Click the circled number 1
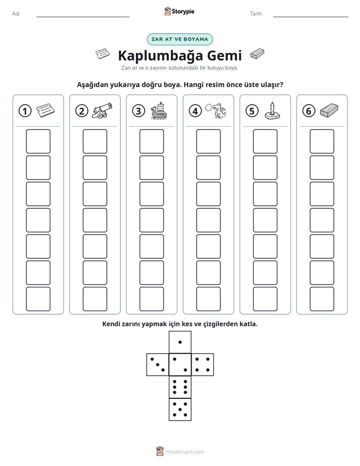pos(25,111)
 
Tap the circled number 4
pos(195,111)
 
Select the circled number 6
pos(309,111)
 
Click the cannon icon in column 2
pos(101,111)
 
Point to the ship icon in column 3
pos(159,110)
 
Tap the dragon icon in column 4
pos(216,111)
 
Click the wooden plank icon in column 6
pos(329,110)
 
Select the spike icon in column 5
pos(272,111)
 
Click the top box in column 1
pos(38,141)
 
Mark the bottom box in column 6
pos(322,299)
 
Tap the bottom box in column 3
pos(151,299)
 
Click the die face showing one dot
pos(180,342)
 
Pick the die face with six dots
pos(180,387)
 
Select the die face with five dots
pos(180,409)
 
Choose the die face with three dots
pos(158,364)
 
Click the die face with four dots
pos(203,364)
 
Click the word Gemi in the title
pos(224,55)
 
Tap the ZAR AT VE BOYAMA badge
pos(179,39)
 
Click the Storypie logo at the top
pos(179,12)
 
